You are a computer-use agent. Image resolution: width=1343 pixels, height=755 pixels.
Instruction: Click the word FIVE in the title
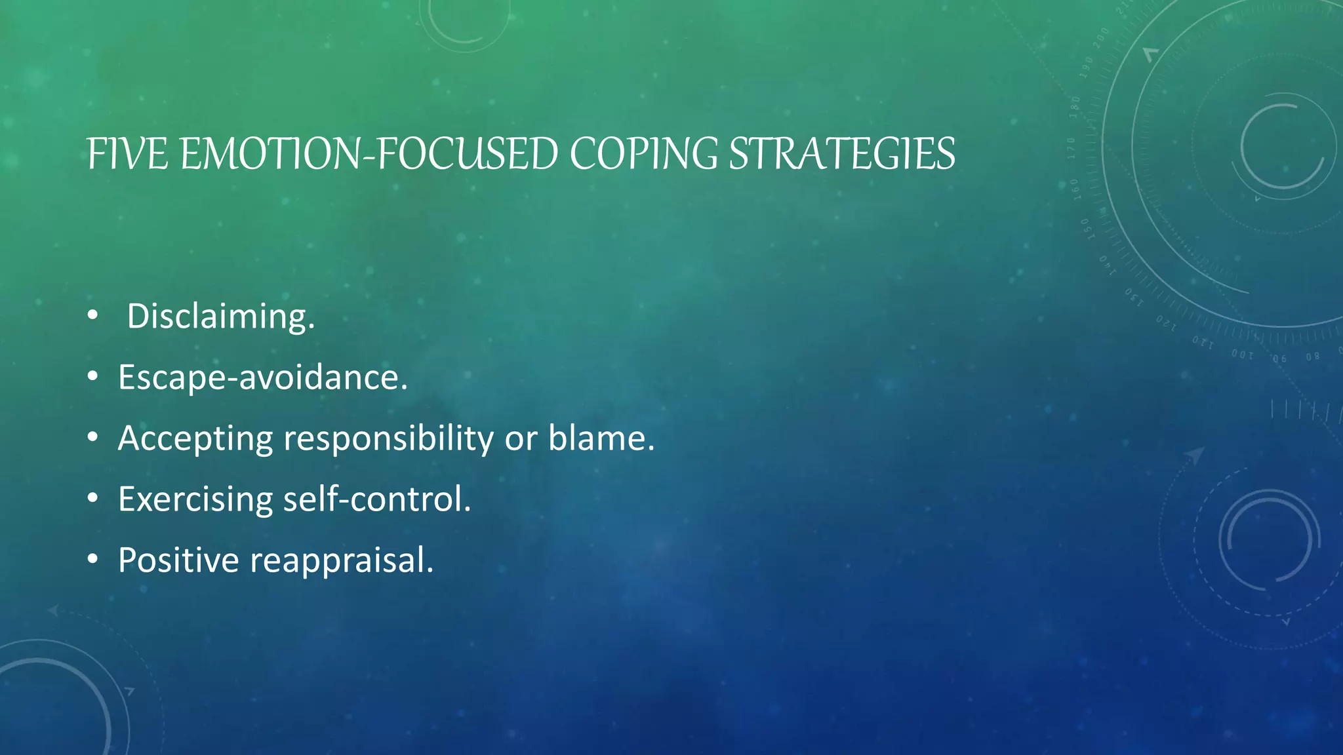(x=127, y=155)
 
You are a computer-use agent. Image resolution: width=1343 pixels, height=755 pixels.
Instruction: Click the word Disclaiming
(x=220, y=317)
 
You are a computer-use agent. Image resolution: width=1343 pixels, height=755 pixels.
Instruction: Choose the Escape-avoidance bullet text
(x=262, y=377)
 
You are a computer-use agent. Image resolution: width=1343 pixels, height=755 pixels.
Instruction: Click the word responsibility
(x=388, y=438)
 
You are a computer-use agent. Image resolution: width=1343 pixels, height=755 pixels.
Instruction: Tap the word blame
(x=601, y=438)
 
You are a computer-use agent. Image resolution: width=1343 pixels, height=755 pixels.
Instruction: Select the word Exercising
(x=195, y=499)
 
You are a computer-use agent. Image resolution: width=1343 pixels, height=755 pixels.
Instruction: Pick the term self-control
(x=377, y=499)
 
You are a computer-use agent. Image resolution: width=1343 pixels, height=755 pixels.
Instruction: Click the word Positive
(x=178, y=560)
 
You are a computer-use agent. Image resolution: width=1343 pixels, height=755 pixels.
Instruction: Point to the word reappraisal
(x=342, y=560)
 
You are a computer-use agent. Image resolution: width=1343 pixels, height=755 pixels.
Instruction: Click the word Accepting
(x=195, y=438)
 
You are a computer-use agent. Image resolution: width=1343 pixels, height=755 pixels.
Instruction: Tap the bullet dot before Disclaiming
(x=92, y=317)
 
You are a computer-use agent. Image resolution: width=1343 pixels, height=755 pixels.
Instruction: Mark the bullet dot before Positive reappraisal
(x=92, y=560)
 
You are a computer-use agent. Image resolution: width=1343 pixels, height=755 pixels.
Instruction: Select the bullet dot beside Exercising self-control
(x=92, y=499)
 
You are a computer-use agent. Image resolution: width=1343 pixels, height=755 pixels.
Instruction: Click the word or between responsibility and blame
(x=521, y=438)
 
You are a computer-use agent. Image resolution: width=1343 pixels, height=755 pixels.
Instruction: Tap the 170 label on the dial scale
(x=1072, y=148)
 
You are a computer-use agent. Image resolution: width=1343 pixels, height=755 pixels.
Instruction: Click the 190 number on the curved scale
(x=1087, y=68)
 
